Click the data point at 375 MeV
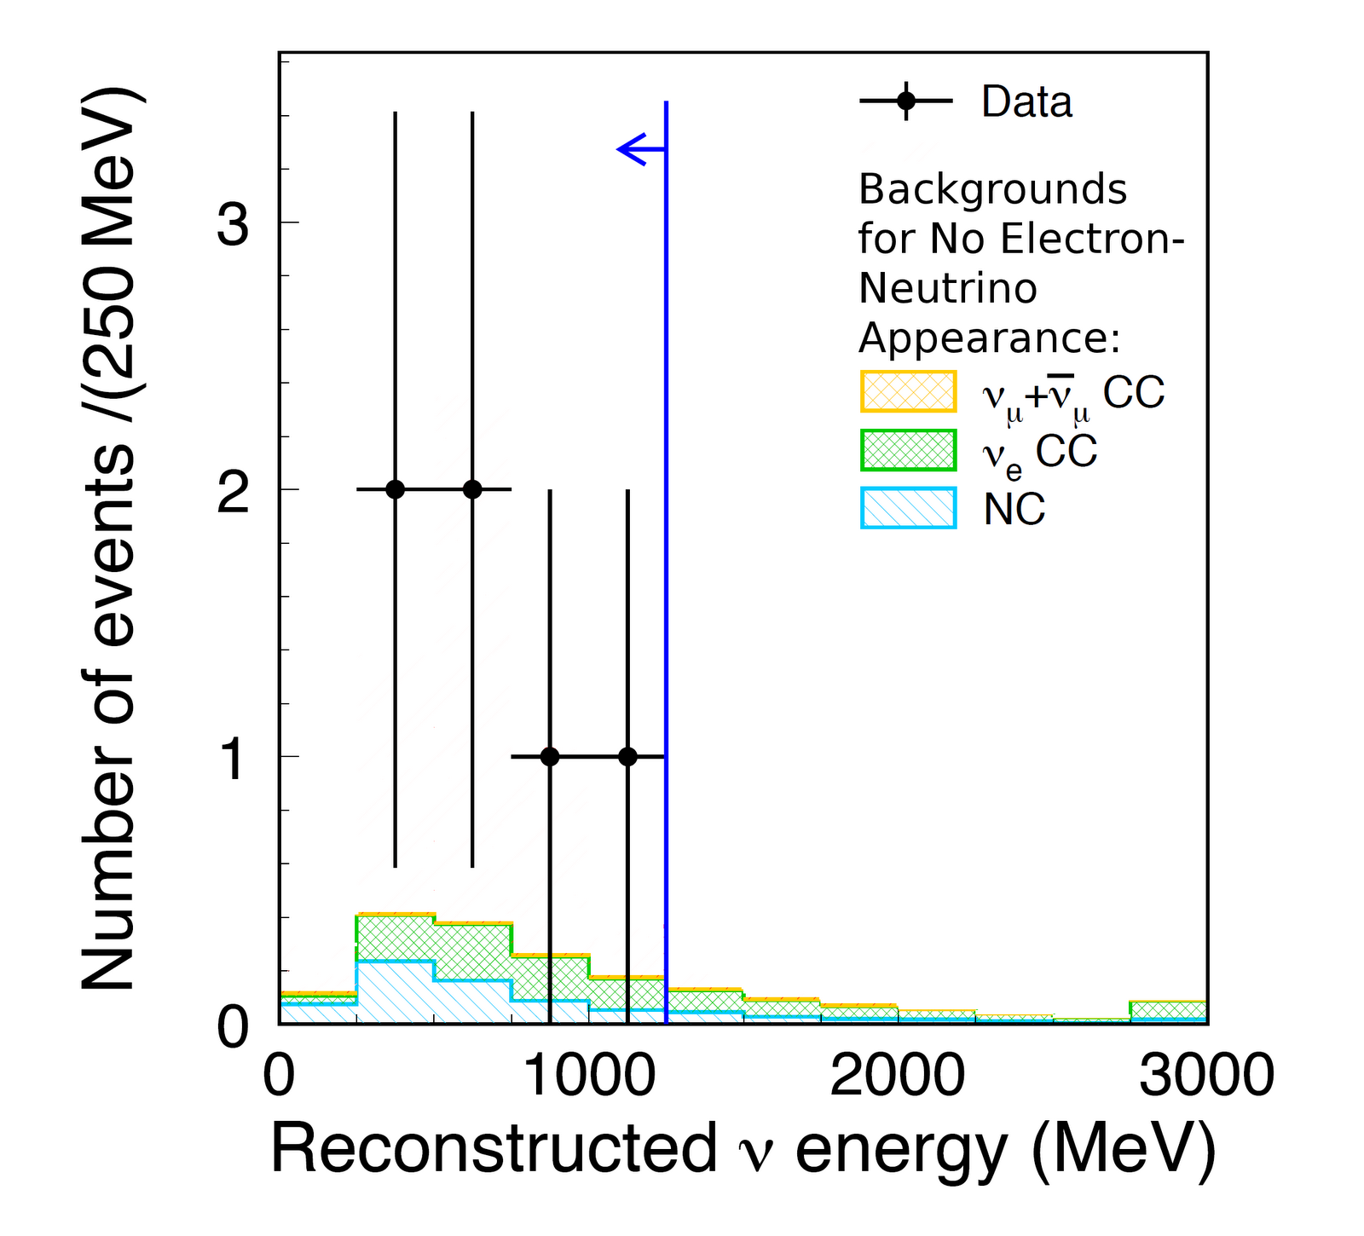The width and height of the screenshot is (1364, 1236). pos(395,489)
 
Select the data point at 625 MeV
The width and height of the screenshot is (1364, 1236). pos(472,489)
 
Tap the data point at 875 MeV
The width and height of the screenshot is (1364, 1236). pos(550,756)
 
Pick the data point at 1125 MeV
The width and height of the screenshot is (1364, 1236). pos(627,756)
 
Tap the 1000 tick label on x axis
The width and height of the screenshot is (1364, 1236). pos(588,1076)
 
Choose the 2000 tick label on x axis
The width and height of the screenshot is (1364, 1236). pos(898,1076)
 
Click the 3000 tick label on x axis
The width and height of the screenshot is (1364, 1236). pos(1206,1076)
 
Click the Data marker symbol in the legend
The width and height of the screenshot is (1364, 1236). pos(905,101)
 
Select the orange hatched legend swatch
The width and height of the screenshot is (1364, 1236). pos(908,392)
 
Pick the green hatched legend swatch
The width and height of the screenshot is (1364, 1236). pos(908,450)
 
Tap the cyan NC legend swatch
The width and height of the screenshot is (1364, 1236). pos(908,508)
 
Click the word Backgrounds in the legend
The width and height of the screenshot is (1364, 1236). pos(992,189)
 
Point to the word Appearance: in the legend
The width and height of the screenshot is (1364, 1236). pos(989,338)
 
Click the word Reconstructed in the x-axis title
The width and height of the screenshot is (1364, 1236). pos(494,1149)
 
